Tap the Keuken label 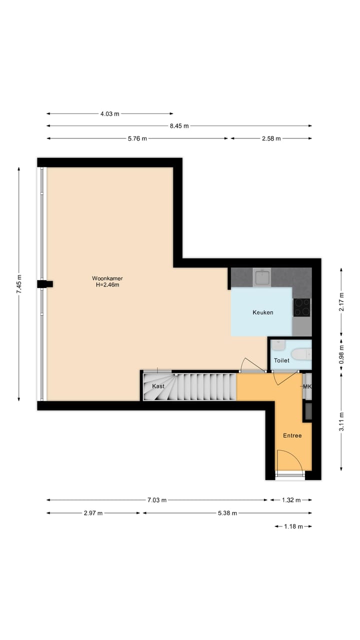click(262, 312)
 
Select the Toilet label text click(281, 360)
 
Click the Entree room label click(292, 435)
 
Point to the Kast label click(158, 386)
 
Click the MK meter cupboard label click(307, 386)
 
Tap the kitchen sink click(261, 277)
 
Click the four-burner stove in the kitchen click(301, 307)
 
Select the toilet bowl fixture click(301, 354)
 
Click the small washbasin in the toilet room click(278, 345)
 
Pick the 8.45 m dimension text click(179, 126)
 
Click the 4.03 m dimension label click(110, 114)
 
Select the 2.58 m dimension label click(271, 138)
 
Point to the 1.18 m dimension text click(293, 526)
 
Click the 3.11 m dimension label click(341, 421)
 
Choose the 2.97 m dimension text click(93, 513)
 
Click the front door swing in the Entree click(289, 460)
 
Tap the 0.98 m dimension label click(341, 353)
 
